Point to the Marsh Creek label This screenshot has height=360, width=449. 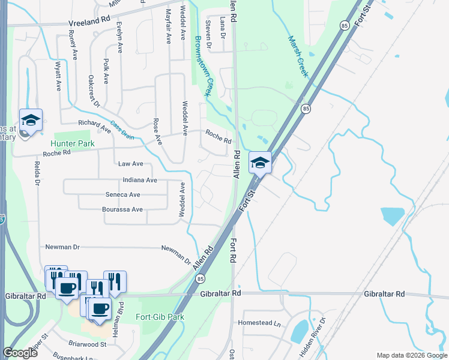tap(298, 56)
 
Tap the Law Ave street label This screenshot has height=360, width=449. tap(131, 164)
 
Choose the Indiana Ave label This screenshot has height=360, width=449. tap(139, 180)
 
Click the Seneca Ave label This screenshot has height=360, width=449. tap(122, 195)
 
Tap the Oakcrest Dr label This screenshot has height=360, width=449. tap(94, 91)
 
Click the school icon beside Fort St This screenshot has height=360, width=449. tap(259, 162)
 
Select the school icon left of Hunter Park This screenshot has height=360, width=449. tap(30, 120)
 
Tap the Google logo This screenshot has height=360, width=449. tap(20, 353)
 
